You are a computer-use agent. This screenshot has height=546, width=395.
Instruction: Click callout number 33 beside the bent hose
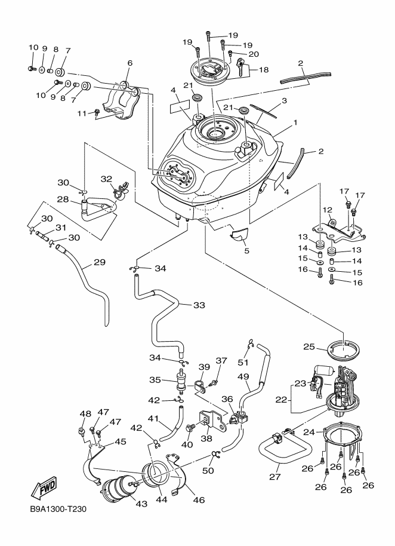[199, 305]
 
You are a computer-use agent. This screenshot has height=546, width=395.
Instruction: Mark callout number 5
[246, 250]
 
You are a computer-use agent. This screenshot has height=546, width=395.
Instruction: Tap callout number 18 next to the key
[263, 70]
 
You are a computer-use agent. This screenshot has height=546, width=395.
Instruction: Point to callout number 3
[285, 100]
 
